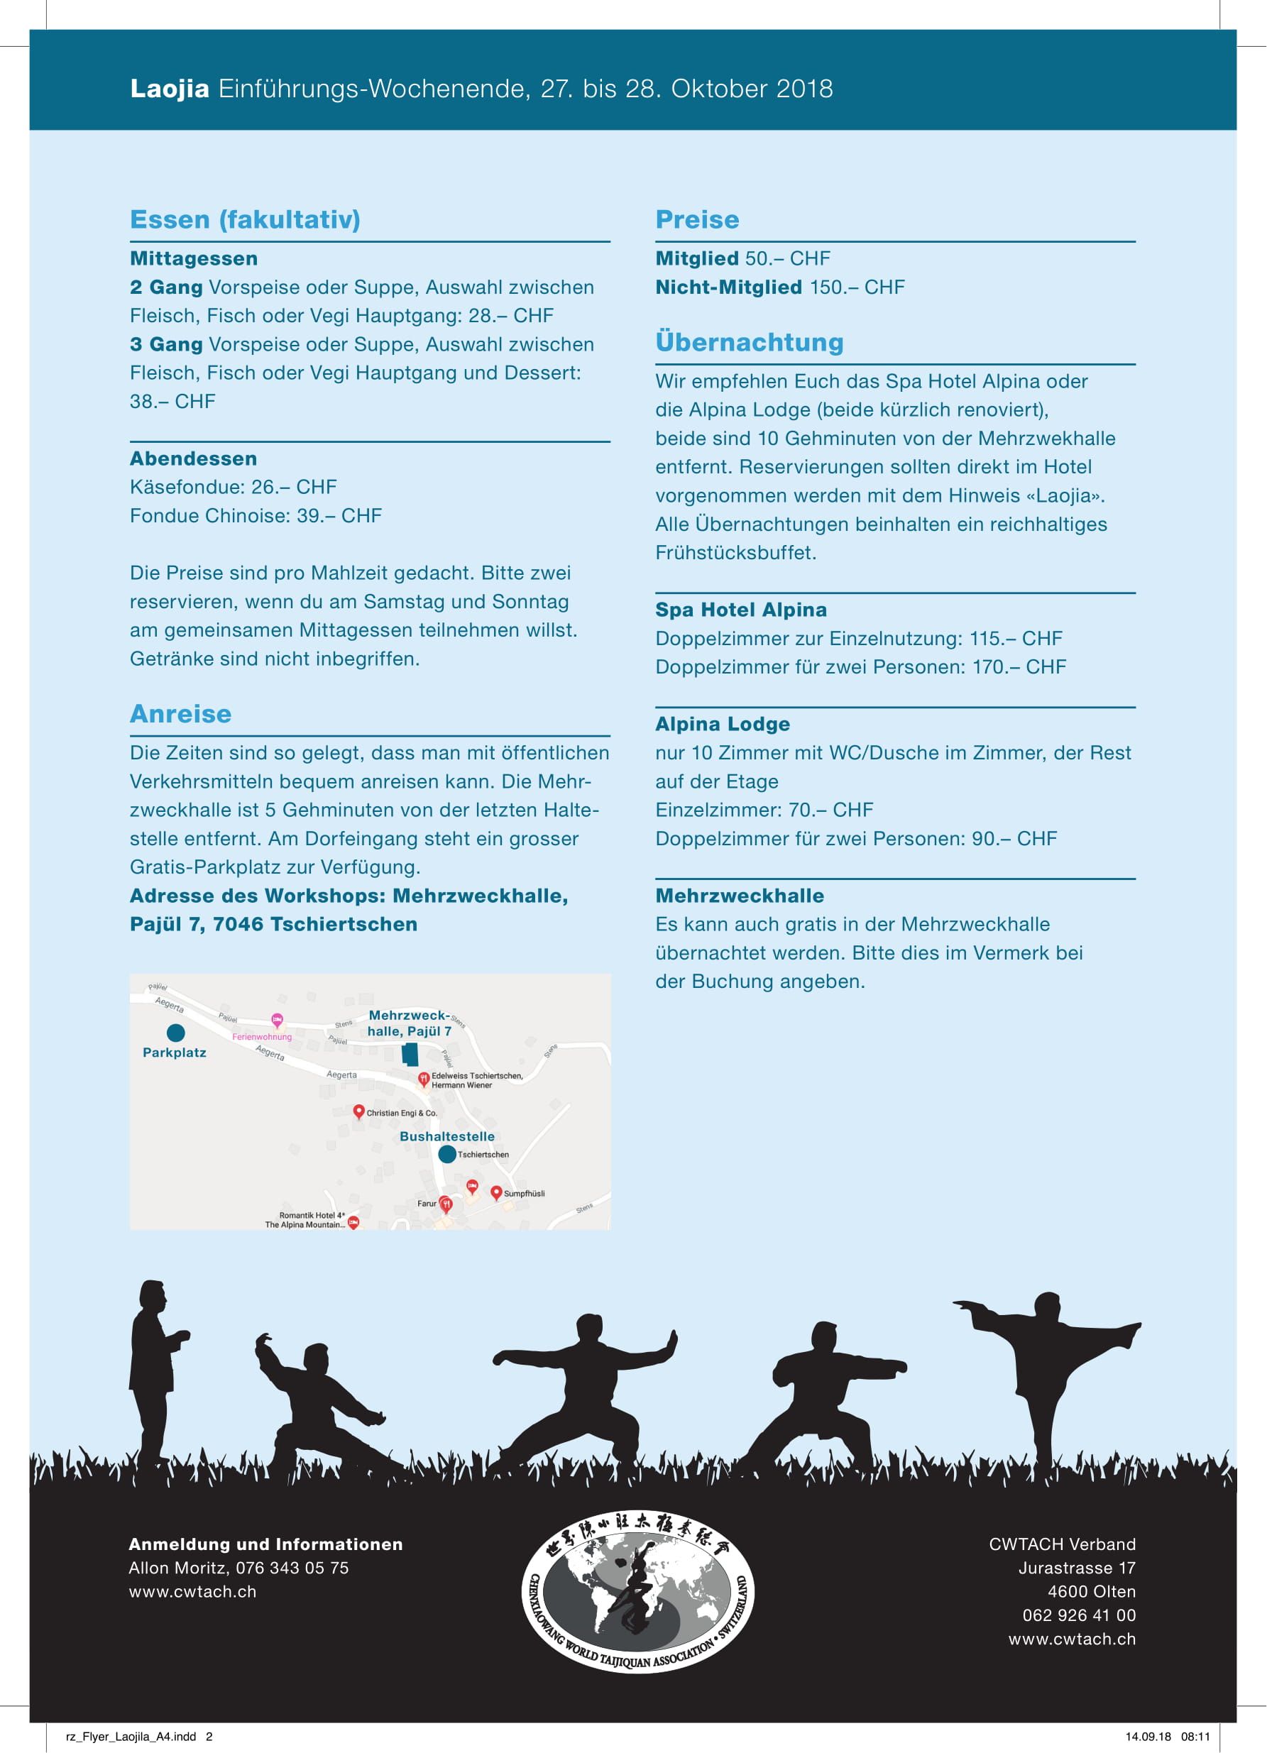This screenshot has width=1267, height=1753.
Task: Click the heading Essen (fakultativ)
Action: (245, 219)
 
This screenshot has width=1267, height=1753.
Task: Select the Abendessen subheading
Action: (193, 458)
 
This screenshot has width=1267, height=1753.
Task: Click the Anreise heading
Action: (180, 713)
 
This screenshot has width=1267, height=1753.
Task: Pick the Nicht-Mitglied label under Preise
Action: (728, 287)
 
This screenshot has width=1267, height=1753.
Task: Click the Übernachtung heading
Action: (749, 341)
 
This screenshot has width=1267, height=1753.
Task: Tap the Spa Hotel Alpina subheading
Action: (740, 610)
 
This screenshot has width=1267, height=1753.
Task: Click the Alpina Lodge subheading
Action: (722, 724)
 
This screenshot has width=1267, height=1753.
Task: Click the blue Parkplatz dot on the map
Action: (175, 1033)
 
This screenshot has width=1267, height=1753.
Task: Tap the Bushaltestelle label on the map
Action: (446, 1136)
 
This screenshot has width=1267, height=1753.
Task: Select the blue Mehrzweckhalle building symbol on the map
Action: (410, 1054)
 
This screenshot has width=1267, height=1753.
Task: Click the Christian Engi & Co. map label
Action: (401, 1113)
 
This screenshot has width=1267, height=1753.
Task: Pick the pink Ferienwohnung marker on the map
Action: (277, 1021)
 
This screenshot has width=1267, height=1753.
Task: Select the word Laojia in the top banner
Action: (170, 89)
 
